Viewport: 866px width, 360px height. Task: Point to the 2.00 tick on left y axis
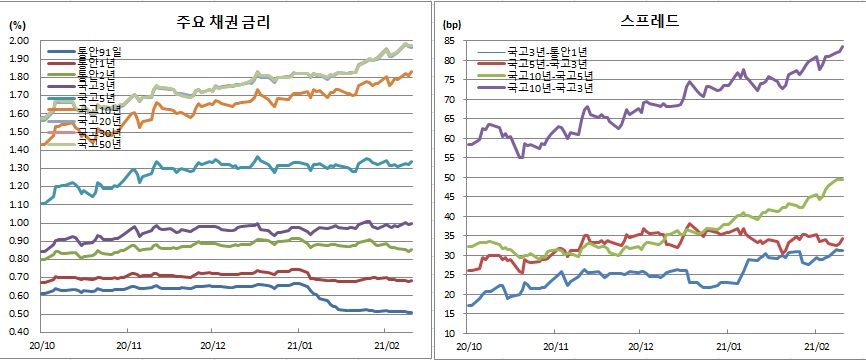tap(21, 41)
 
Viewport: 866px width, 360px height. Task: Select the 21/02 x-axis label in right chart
tap(814, 346)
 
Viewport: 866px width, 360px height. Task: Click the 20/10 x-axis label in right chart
tap(469, 346)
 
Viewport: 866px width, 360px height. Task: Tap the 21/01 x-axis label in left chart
tap(299, 346)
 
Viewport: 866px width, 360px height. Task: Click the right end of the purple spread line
tap(843, 46)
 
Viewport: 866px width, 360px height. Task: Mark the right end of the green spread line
tap(843, 178)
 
